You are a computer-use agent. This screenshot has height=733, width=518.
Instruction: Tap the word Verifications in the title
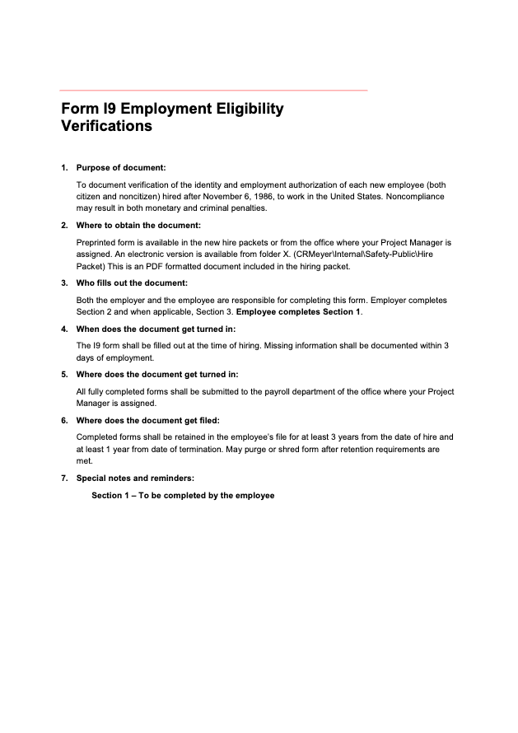click(x=106, y=127)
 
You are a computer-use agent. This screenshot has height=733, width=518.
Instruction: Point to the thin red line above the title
click(x=213, y=90)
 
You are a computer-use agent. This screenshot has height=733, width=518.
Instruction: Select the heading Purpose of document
click(x=121, y=168)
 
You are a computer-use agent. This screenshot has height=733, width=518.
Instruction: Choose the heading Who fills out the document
click(x=133, y=282)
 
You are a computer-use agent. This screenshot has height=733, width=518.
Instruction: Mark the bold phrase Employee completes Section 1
click(x=298, y=312)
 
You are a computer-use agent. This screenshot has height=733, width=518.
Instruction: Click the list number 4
click(x=63, y=329)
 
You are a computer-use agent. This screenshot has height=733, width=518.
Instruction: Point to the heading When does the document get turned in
click(x=156, y=329)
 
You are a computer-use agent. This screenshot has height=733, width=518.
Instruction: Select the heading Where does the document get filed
click(x=147, y=420)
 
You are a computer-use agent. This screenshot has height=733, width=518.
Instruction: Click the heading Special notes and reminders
click(x=135, y=478)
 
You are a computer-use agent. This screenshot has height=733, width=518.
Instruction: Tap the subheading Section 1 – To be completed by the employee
click(x=183, y=496)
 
